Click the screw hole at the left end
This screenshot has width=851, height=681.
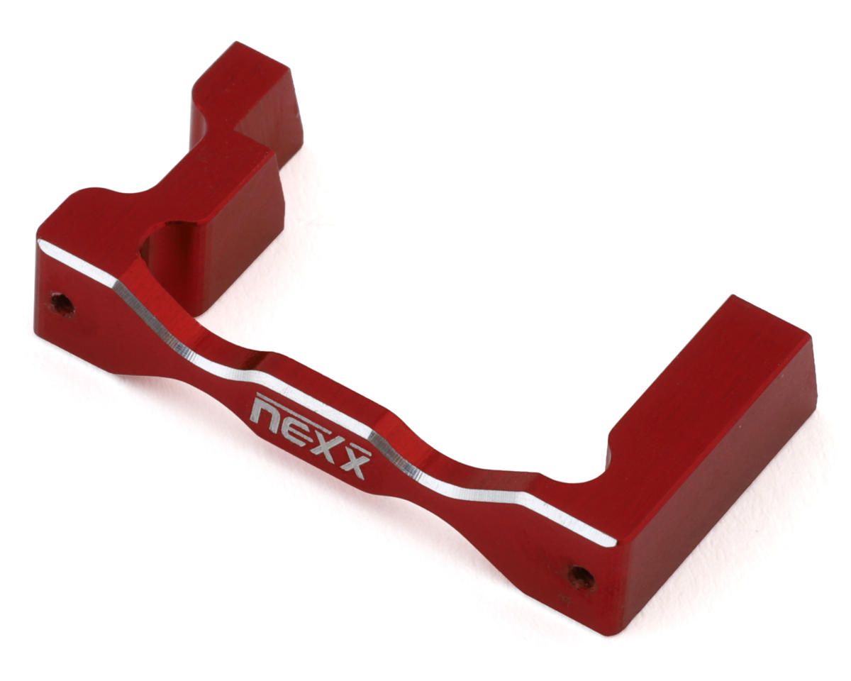pos(62,304)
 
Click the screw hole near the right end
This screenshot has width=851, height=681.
pos(581,578)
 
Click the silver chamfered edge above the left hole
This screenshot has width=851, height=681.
pos(77,262)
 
